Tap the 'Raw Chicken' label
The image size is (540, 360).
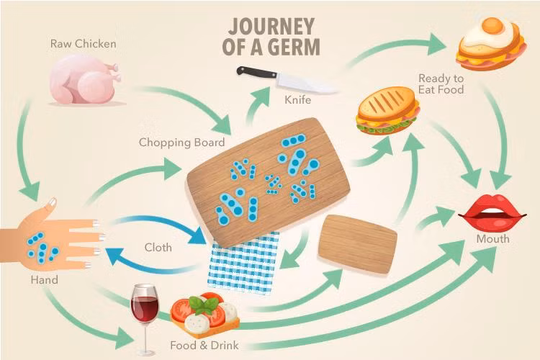[83, 44]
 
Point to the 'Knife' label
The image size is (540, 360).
[298, 99]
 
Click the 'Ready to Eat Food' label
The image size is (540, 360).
[441, 83]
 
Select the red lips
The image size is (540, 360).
[492, 211]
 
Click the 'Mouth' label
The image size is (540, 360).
[492, 238]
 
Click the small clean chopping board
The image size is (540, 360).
[357, 243]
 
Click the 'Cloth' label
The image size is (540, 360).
[158, 247]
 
